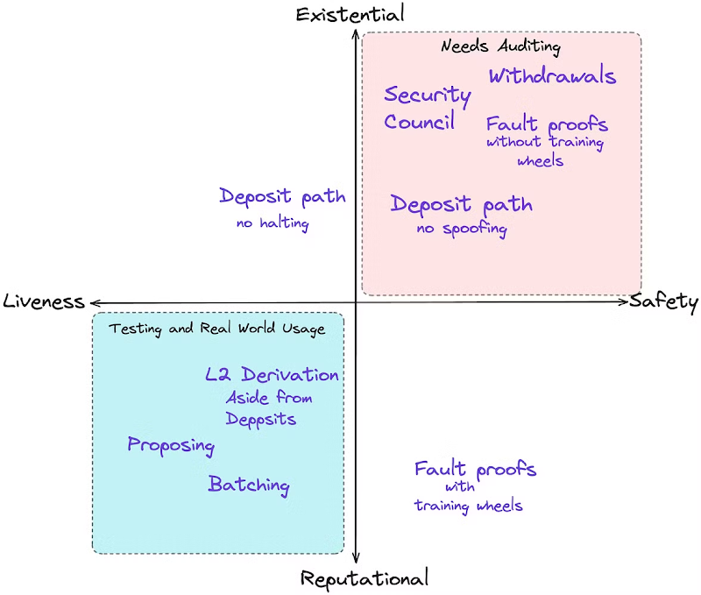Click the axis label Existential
pos(350,14)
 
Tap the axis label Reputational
pos(365,578)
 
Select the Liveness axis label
pos(44,301)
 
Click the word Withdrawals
pos(553,75)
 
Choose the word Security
pos(428,96)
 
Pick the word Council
pos(420,121)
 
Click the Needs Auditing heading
pos(500,46)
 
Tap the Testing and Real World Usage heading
pos(216,329)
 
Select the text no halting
pos(273,223)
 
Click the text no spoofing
pos(462,229)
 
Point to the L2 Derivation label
pos(272,374)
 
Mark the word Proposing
pos(171,446)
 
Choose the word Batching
pos(249,485)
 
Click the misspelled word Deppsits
pos(261,420)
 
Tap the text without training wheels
pos(545,151)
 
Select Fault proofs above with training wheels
pos(475,469)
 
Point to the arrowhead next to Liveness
pos(95,303)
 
